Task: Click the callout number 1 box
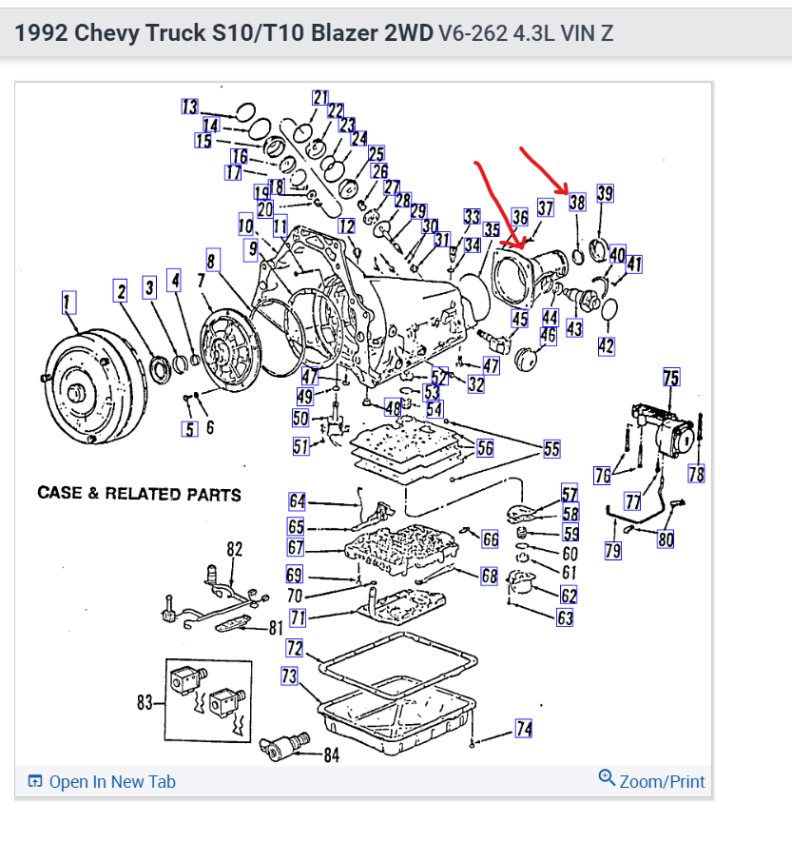coord(68,304)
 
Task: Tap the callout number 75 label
coord(671,379)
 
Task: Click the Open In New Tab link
coord(103,782)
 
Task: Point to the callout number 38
coord(577,203)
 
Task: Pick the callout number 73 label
coord(289,676)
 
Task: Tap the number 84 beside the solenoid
coord(331,756)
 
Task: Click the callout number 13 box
coord(190,107)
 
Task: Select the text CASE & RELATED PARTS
coord(139,494)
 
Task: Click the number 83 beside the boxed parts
coord(145,702)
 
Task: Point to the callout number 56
coord(485,448)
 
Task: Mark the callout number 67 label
coord(296,547)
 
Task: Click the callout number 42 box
coord(607,346)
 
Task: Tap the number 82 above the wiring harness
coord(234,548)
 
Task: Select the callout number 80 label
coord(666,539)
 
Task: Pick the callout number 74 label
coord(523,729)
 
